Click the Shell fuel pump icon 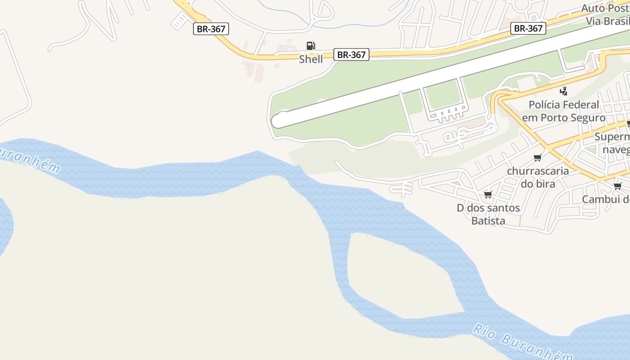(x=310, y=45)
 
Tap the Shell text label (x=311, y=59)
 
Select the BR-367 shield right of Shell (x=351, y=55)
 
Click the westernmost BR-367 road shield (x=211, y=29)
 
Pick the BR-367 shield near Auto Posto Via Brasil (x=529, y=28)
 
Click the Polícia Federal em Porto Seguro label (x=563, y=111)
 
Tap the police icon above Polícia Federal (x=563, y=91)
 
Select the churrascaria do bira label (x=537, y=177)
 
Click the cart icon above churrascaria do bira (x=537, y=157)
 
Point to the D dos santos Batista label (x=488, y=214)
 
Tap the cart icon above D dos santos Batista (x=488, y=194)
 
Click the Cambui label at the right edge (x=605, y=199)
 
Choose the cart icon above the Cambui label (x=617, y=186)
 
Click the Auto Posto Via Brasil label (x=605, y=14)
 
